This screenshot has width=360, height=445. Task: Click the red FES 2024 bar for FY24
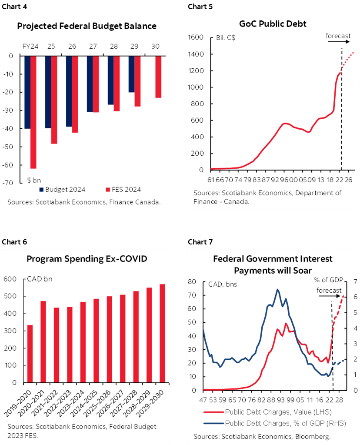point(33,112)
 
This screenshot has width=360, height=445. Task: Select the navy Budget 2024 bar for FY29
point(131,74)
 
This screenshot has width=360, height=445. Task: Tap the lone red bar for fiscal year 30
point(158,77)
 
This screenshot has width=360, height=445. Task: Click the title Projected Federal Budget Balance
point(87,26)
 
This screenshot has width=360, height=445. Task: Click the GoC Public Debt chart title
point(273,23)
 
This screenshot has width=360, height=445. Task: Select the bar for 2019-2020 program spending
point(30,354)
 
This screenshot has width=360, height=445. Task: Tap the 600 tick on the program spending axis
point(10,279)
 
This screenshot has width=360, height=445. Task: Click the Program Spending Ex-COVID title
point(87,259)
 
